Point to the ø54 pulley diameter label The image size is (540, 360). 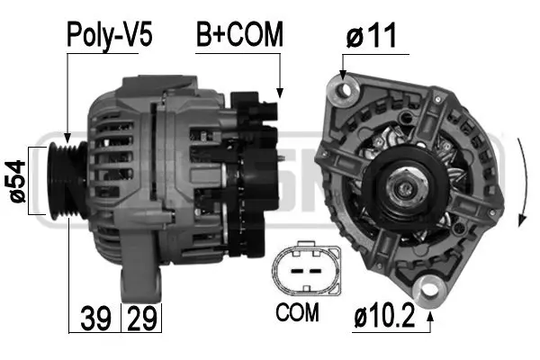[x=15, y=182]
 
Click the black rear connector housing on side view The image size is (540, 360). [x=252, y=171]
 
